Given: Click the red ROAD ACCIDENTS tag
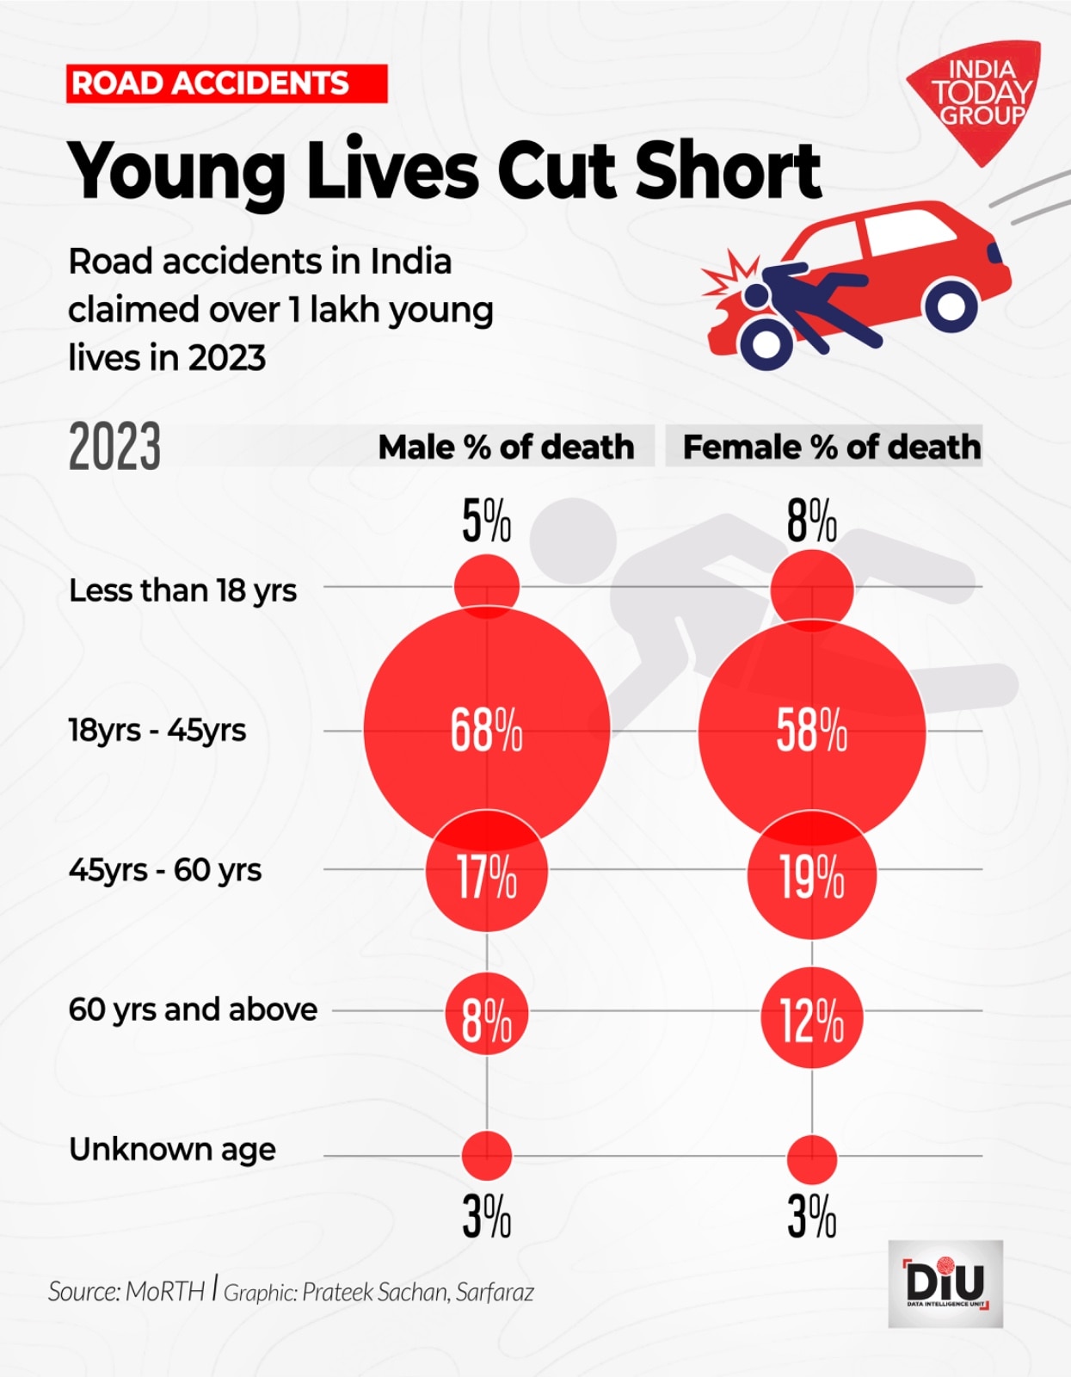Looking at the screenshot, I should (x=226, y=83).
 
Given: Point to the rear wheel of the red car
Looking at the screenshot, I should (x=951, y=303).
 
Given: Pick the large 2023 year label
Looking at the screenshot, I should (x=114, y=447).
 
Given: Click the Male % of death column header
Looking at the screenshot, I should (x=506, y=447).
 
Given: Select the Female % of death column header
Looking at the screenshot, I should (x=831, y=447).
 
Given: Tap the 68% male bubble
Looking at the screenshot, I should (x=486, y=730).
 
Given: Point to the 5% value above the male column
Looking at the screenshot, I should (x=486, y=521).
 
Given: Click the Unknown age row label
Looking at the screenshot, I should (x=172, y=1150).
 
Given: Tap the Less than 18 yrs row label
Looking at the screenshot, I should (x=182, y=590).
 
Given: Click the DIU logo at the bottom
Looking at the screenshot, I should (x=945, y=1283).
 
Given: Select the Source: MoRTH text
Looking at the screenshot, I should (x=126, y=1292).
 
